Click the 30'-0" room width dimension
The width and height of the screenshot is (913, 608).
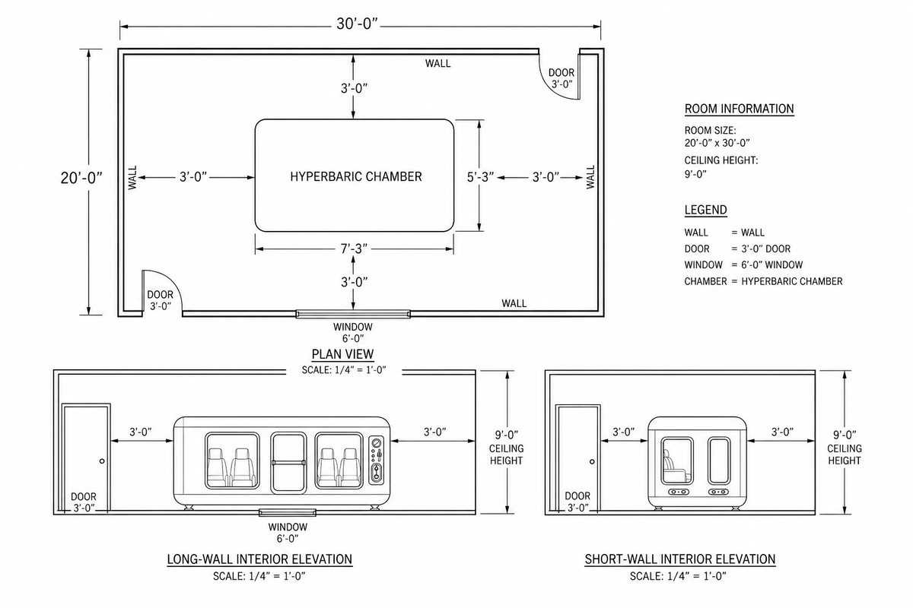coord(358,24)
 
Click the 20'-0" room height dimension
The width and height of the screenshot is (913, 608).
coord(81,178)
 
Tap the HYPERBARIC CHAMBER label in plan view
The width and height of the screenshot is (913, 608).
coord(356,176)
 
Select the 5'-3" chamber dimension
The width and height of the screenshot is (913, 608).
coord(480,177)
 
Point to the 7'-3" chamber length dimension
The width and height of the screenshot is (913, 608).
coord(354,249)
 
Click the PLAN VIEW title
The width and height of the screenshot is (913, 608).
coord(342,354)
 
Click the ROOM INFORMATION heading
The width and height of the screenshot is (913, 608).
coord(739,109)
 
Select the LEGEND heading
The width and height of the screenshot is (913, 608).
coord(705,210)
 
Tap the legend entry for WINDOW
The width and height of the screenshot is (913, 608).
coord(743,264)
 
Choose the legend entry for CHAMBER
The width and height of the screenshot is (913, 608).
coord(763,281)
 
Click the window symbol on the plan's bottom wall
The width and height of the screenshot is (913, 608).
coord(353,314)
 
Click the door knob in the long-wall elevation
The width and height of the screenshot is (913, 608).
coord(102,461)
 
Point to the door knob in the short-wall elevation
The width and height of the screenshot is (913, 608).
coord(592,461)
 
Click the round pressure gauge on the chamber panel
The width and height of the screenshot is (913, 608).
coord(377,443)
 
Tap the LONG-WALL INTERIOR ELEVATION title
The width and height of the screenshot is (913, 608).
coord(259,559)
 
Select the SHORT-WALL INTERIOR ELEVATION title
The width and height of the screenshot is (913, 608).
coord(680,559)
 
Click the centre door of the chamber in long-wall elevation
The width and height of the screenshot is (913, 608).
coord(288,463)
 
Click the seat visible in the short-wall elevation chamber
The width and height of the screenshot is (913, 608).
coord(672,467)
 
